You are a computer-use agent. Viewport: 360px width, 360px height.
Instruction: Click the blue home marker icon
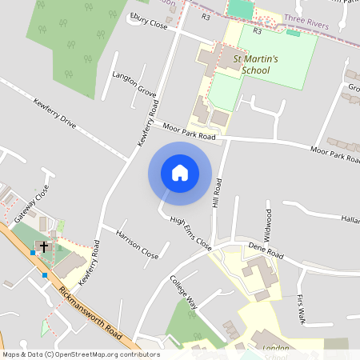180,173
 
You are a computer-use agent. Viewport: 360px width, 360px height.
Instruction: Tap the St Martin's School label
254,64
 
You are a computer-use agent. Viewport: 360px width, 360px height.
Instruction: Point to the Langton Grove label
134,82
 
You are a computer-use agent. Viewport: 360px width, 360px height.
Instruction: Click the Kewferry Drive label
54,114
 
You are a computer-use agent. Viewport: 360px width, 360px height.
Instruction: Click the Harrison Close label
137,246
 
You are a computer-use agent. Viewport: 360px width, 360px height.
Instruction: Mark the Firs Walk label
301,309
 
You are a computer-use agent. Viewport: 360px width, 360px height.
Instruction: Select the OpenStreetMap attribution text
80,354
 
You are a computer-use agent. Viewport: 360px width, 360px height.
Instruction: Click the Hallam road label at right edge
350,218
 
